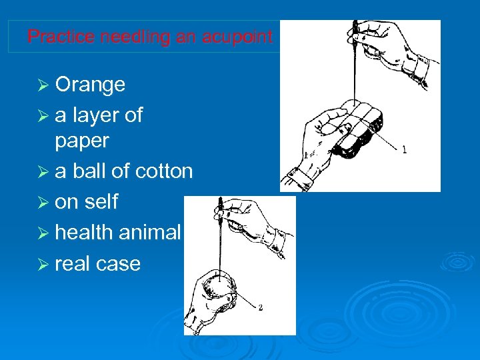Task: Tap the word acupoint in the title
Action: [243, 37]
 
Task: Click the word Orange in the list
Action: [90, 85]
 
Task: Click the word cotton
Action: [163, 171]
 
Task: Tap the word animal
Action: [151, 232]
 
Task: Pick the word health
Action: [85, 232]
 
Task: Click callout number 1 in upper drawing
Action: [404, 150]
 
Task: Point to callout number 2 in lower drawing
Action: [260, 307]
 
